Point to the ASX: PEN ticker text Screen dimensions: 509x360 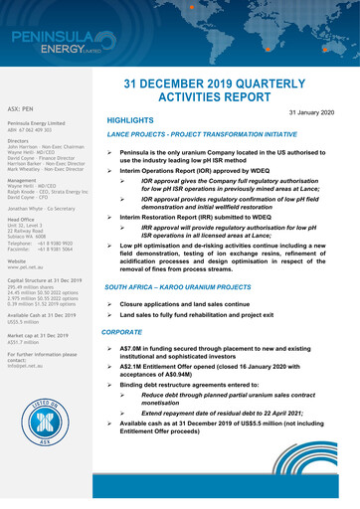pos(23,104)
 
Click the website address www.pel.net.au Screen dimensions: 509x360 pos(26,268)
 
